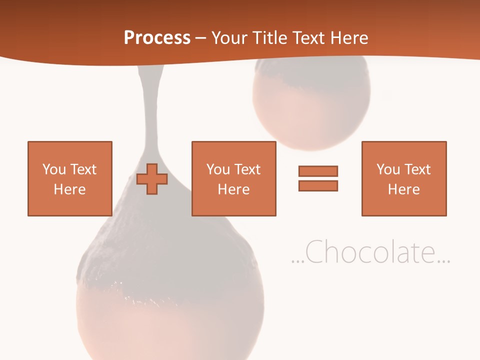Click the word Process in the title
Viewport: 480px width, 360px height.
click(x=157, y=38)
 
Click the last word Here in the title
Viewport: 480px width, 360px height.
click(x=348, y=38)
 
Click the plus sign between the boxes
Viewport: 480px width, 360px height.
click(x=152, y=178)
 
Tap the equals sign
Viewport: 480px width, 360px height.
click(x=318, y=178)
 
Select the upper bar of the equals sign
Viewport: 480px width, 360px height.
click(x=318, y=171)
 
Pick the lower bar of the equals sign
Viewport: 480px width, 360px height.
click(x=318, y=185)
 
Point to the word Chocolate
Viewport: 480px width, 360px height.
click(x=370, y=252)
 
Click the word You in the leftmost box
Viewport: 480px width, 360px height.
click(x=53, y=169)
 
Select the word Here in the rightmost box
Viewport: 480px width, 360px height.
click(x=404, y=189)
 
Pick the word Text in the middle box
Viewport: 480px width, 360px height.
click(x=247, y=169)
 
